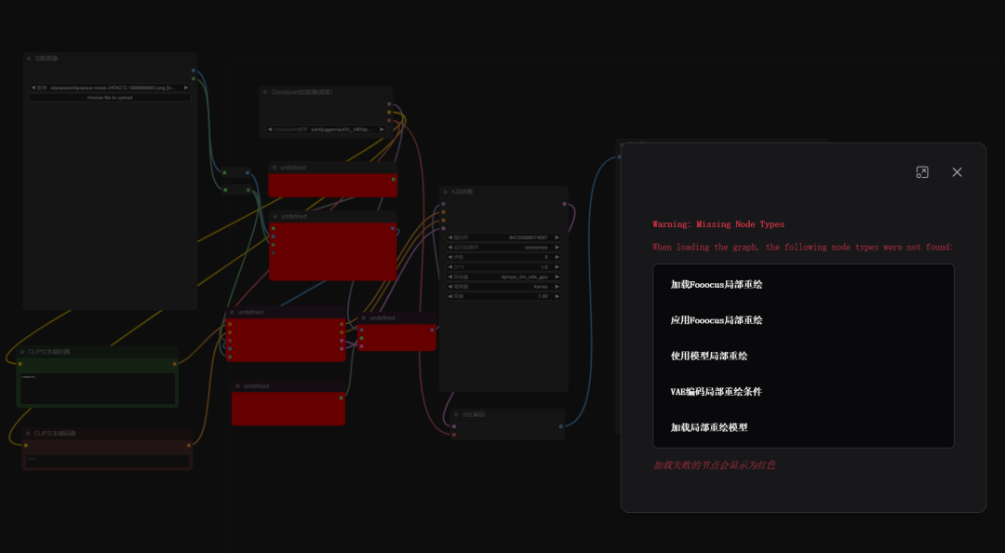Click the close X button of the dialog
click(957, 172)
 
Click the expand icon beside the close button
click(922, 172)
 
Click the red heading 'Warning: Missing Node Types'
click(718, 224)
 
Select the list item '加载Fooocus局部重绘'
click(717, 284)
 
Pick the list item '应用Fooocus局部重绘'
click(717, 320)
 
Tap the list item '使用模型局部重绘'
click(709, 356)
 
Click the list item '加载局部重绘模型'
click(709, 427)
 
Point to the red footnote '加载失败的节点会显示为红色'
click(714, 465)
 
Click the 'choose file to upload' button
click(110, 97)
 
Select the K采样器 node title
click(462, 192)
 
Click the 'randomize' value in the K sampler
click(536, 248)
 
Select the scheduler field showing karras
click(540, 287)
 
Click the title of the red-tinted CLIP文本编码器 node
click(55, 433)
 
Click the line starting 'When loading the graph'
click(802, 248)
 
